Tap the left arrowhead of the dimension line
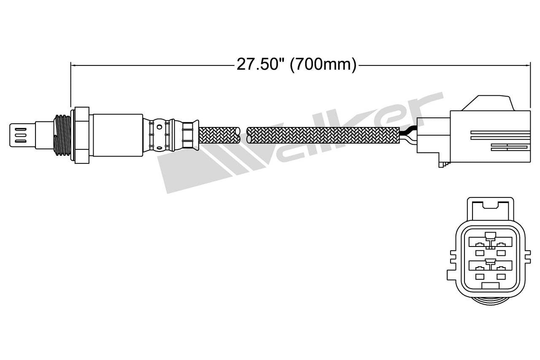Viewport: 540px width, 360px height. [73, 65]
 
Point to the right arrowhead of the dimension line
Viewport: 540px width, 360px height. [527, 65]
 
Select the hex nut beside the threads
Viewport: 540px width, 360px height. [81, 135]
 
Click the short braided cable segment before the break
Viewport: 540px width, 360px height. [219, 135]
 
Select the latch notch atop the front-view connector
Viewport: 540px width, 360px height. [489, 206]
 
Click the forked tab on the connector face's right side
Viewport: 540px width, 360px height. [526, 257]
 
